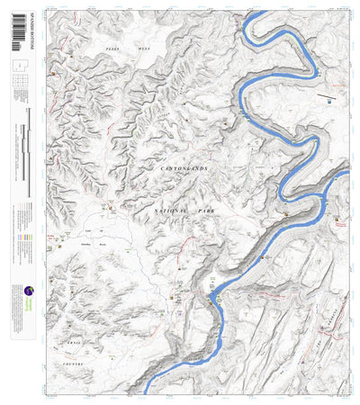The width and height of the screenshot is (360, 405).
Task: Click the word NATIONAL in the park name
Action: tap(168, 209)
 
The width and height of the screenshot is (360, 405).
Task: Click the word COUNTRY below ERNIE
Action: tap(72, 364)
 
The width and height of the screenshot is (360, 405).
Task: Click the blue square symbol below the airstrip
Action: tap(329, 102)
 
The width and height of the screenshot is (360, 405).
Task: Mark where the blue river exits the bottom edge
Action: tap(147, 393)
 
